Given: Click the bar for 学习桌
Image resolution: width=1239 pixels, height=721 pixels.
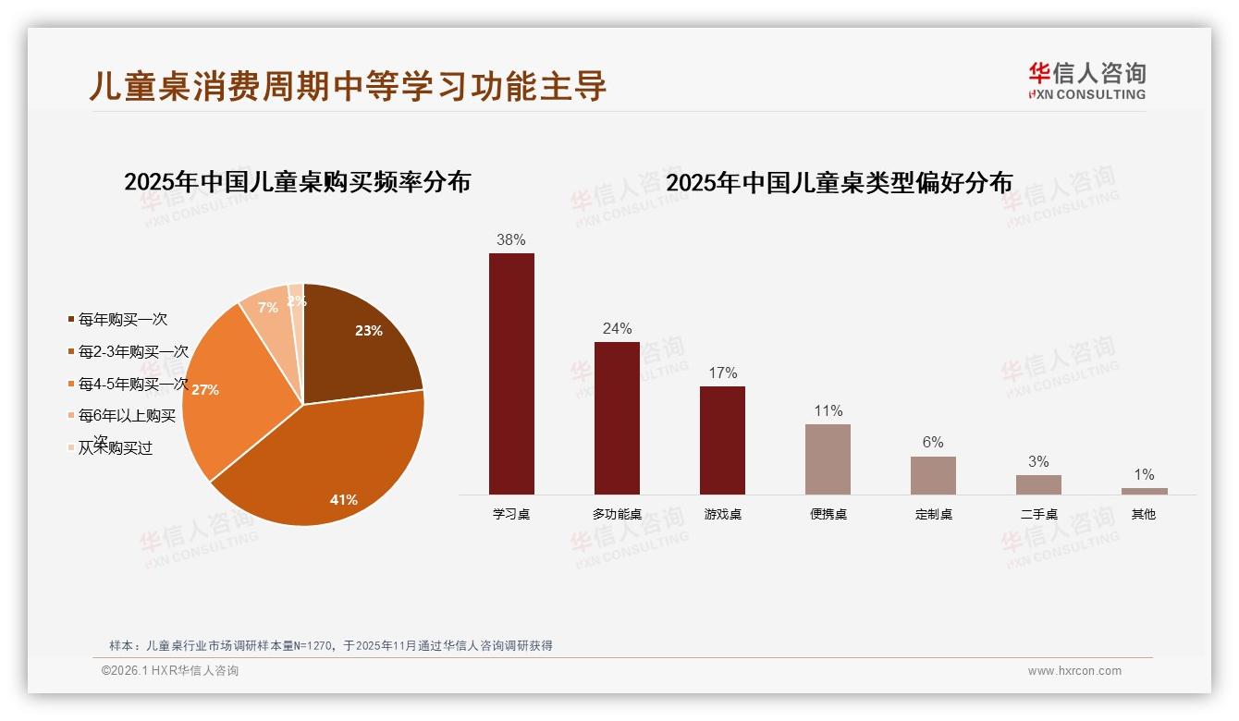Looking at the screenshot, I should click(511, 373).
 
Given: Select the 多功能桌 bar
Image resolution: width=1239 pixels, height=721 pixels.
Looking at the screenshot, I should click(617, 418).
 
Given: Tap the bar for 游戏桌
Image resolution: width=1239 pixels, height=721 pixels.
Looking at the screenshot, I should click(722, 440).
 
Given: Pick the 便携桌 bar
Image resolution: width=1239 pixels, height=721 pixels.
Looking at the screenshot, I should click(828, 458).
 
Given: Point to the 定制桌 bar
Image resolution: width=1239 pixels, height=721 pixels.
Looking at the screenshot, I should click(933, 475).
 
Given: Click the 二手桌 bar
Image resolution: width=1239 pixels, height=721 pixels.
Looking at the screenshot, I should click(1038, 484).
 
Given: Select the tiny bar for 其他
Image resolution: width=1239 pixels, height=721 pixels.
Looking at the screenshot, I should click(1144, 491).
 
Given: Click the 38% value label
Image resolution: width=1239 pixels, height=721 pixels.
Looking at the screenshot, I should click(511, 239).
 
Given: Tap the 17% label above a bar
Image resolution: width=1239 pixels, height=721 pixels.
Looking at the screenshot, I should click(722, 373).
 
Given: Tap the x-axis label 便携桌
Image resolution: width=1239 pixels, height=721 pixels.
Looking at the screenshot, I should click(828, 514).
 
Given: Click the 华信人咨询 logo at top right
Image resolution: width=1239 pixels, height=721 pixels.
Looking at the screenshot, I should click(1086, 80).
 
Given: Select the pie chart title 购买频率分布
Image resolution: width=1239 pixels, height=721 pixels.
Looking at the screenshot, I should click(297, 181).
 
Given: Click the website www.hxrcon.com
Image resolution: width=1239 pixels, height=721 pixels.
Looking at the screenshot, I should click(1074, 671).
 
